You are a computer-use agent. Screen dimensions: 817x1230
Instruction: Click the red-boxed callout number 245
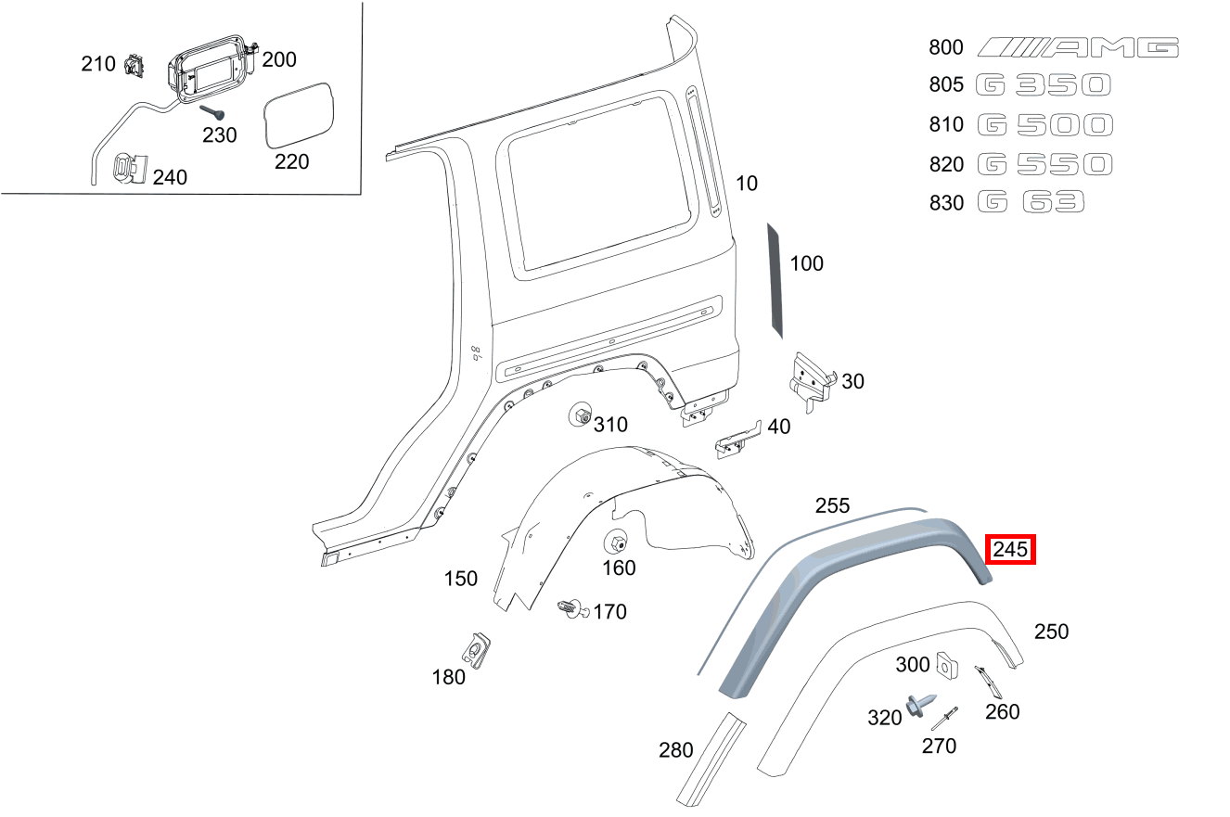1009,550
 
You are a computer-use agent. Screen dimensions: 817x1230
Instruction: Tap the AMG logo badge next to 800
1079,47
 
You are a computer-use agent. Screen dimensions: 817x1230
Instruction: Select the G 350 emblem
1044,85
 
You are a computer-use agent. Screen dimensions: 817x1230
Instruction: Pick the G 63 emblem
1031,202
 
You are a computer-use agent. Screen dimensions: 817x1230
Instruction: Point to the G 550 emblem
1044,164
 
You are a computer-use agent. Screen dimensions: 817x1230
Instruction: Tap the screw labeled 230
211,111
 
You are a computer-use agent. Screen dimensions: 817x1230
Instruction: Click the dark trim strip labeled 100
775,279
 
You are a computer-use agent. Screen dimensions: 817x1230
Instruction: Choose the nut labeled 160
615,543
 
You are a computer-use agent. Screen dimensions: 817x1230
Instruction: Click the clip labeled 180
479,647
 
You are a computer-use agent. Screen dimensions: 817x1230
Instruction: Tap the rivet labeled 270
945,718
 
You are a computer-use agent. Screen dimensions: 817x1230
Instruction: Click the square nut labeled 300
946,664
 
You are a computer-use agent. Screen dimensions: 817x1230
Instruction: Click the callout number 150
460,579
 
